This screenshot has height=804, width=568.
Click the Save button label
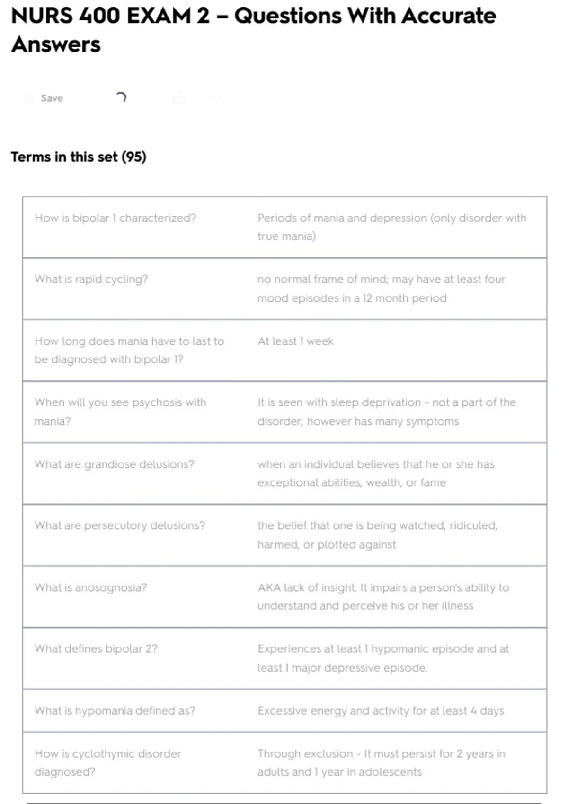52,98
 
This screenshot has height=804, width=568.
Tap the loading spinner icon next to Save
121,97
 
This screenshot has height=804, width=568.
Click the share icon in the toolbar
179,98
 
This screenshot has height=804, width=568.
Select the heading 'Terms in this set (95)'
79,157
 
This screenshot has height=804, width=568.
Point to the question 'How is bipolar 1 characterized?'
115,218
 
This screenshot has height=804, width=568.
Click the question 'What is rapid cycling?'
91,279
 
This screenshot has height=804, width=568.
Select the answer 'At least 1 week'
295,341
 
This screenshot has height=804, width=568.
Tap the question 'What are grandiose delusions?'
114,464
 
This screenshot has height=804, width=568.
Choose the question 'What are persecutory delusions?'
120,525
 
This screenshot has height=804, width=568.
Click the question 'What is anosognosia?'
90,587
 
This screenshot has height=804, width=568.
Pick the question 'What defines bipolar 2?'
96,648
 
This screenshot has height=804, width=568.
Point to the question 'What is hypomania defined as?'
115,710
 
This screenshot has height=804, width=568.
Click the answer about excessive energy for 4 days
381,710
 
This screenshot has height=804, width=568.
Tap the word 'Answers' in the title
56,44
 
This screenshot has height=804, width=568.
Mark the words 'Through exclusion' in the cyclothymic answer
305,753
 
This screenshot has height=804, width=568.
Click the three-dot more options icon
213,98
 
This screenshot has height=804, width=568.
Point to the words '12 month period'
404,298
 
